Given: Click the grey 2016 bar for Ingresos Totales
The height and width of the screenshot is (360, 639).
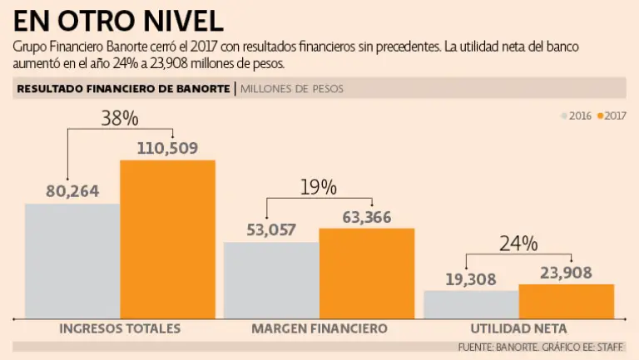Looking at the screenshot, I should [72, 260].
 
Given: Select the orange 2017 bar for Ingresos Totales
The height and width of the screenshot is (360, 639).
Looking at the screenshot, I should [167, 239].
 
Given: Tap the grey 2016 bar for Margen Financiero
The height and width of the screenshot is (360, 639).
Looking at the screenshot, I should [271, 279].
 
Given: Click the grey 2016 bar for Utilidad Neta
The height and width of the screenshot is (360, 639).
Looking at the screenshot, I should [471, 303].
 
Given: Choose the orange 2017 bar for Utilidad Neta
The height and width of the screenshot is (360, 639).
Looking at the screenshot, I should [566, 301].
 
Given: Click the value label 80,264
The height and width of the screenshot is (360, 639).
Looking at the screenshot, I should [72, 191].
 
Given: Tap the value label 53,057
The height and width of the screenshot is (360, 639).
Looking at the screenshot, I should [271, 230].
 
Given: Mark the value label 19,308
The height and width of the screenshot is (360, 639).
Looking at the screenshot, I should [471, 279].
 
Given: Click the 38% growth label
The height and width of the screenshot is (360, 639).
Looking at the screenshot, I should [120, 119].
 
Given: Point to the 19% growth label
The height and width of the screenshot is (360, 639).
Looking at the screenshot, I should [319, 187].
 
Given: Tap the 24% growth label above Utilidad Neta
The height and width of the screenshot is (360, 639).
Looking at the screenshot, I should [518, 244].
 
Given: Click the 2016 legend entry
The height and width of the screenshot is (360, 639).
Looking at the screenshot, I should [575, 116].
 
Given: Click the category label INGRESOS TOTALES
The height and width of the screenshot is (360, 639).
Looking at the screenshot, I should [120, 328].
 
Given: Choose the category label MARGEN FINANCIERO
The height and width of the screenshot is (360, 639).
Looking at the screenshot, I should [319, 328].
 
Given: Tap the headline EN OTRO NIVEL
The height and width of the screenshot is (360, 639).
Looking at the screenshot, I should [118, 20].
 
